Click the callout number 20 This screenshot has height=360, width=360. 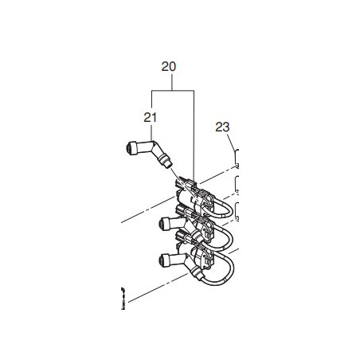pos(168,68)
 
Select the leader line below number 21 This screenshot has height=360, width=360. pos(151,133)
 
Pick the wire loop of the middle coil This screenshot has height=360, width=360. pos(226,241)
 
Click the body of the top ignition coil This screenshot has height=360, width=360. pos(194,198)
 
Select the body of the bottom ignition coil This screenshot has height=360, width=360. pos(195,264)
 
